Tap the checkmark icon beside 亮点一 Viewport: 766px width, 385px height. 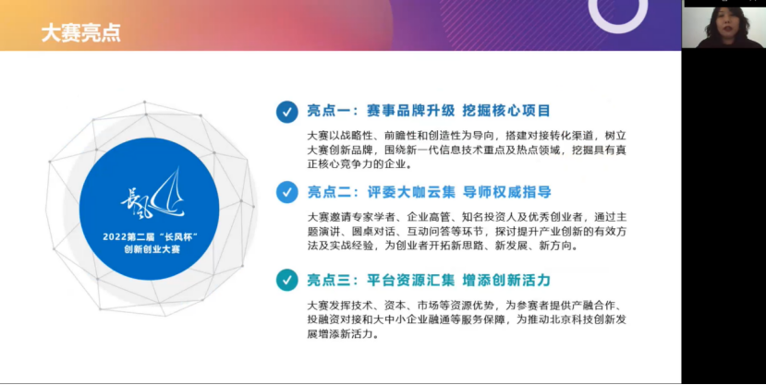click(287, 112)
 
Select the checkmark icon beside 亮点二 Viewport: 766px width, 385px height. click(287, 192)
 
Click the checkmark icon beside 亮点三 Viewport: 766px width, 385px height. click(287, 280)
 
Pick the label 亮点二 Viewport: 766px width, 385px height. click(331, 192)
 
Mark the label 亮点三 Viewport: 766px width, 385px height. click(331, 280)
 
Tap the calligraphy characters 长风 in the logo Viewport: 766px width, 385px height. click(137, 201)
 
